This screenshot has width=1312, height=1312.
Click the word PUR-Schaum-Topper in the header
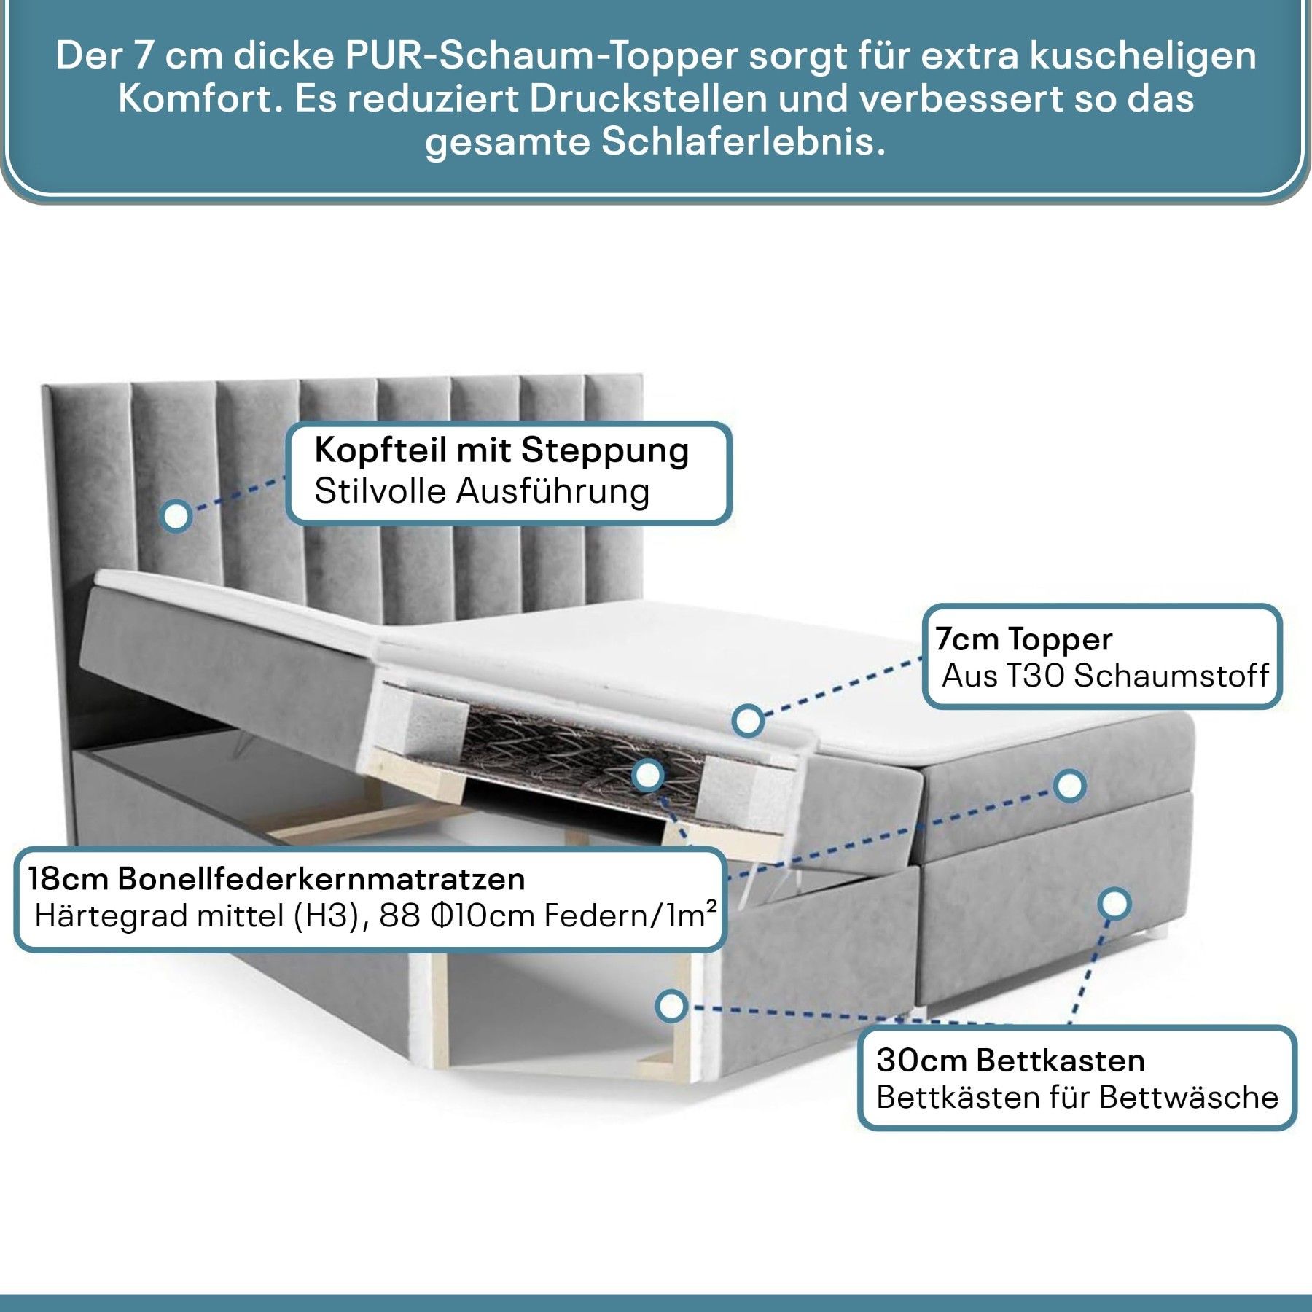coord(542,56)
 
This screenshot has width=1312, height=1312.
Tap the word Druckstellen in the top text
coord(649,98)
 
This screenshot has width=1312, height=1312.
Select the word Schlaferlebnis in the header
coord(743,141)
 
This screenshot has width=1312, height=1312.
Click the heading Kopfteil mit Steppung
coord(501,450)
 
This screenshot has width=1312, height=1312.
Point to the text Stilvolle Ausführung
coord(482,491)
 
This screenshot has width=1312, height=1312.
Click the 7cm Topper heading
coord(1024,639)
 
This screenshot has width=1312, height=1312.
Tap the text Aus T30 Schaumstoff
coord(1105,676)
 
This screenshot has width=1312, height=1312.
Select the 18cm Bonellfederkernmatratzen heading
coord(277,879)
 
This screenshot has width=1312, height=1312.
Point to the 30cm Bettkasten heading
coord(1010,1061)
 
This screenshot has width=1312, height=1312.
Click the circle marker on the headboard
coord(176,515)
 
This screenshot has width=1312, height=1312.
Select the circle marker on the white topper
coord(748,721)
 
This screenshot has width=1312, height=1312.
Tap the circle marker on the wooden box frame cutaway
coord(671,1006)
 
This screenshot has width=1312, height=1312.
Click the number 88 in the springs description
coord(400,916)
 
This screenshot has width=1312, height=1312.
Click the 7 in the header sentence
coord(142,56)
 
